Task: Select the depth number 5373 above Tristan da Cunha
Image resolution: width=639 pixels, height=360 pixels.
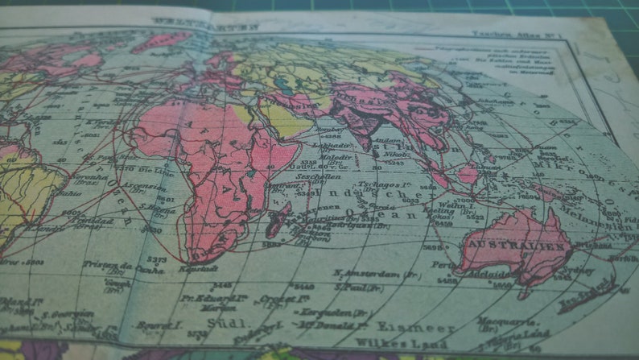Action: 157,259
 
